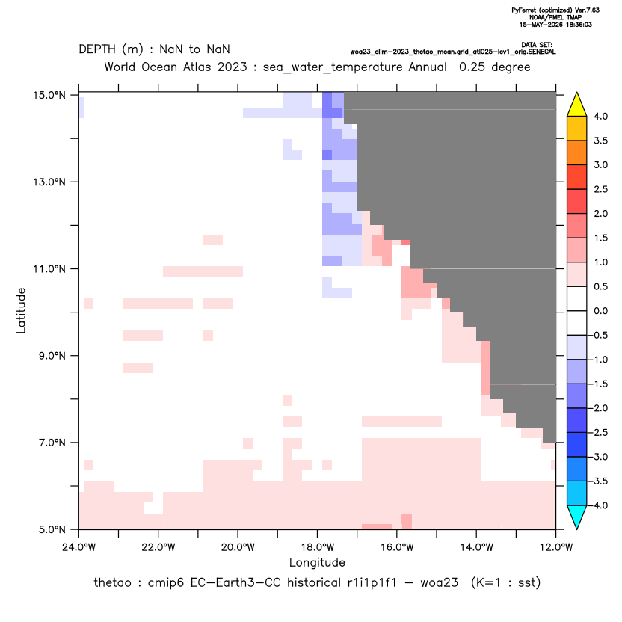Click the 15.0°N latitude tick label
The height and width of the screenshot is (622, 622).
click(x=49, y=95)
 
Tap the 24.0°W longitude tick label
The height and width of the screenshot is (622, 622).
click(x=79, y=547)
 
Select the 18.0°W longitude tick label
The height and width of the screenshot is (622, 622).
click(x=317, y=547)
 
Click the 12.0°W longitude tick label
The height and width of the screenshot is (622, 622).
click(x=556, y=547)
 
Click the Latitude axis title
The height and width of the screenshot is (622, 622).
click(x=21, y=310)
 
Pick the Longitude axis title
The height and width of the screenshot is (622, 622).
click(x=317, y=562)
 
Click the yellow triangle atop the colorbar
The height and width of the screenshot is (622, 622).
click(x=577, y=105)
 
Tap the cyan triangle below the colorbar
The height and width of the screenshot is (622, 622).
click(x=577, y=517)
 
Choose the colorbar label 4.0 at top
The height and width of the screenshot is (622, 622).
click(x=600, y=116)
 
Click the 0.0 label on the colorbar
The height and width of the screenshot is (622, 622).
click(x=600, y=311)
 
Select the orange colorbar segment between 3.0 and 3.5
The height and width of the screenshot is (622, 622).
click(x=577, y=153)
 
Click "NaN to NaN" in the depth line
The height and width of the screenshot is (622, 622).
click(x=194, y=49)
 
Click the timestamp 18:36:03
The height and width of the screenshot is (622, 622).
click(x=577, y=25)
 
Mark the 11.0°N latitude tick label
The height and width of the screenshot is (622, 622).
click(x=49, y=269)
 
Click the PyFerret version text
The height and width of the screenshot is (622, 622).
click(x=555, y=10)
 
